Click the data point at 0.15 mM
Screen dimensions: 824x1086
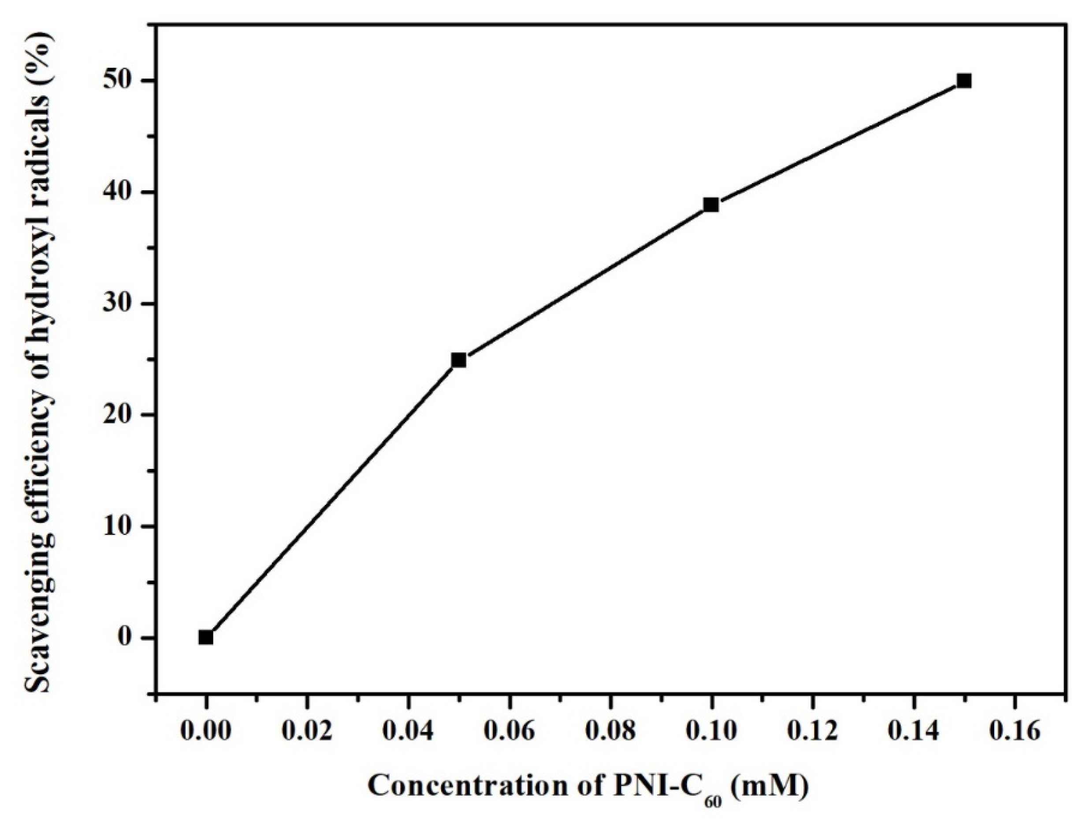[964, 81]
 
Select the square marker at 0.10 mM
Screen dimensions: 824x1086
[711, 205]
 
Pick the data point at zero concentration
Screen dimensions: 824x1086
[206, 638]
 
